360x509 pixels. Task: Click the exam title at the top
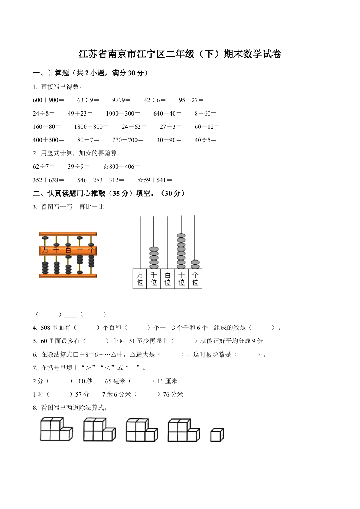pos(180,54)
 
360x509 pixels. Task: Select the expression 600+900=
pos(49,100)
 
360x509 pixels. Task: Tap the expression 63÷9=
pos(88,100)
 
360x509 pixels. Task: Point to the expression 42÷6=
pos(155,100)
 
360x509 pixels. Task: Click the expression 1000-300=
pos(123,114)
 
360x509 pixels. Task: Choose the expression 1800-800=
pos(91,127)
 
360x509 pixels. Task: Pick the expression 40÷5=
pos(205,140)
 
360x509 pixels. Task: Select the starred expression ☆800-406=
pos(121,167)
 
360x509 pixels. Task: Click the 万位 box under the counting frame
pos(140,278)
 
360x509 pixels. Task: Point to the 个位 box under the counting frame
pos(195,278)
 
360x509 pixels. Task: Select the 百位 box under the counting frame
pos(167,278)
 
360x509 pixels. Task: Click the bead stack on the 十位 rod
pos(181,251)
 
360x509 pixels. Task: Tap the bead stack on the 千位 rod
pos(154,258)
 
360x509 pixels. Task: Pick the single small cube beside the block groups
pos(217,435)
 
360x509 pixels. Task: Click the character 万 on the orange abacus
pos(45,250)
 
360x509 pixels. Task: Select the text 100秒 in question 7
pos(84,381)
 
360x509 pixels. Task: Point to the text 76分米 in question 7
pos(173,395)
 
